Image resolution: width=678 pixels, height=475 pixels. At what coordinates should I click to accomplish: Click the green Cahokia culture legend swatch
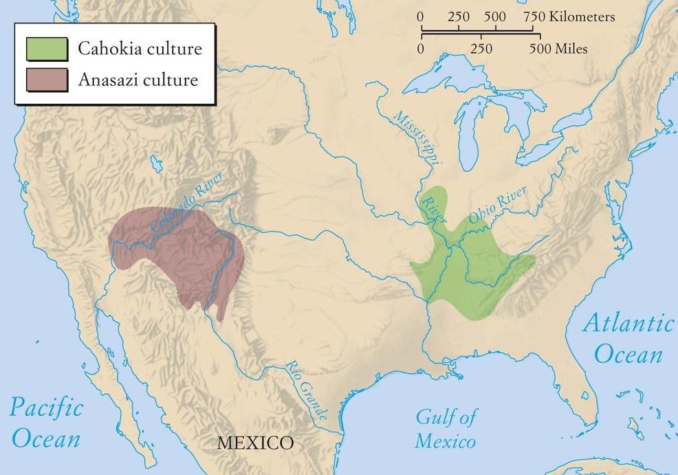tap(47, 49)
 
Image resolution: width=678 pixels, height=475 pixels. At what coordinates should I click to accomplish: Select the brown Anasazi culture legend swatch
tap(47, 80)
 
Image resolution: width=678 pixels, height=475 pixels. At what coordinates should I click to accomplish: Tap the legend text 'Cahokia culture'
tap(139, 49)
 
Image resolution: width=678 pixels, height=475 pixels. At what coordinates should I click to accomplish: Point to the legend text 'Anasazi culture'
tap(138, 80)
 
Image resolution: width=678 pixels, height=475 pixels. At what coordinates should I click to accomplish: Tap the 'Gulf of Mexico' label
tap(446, 428)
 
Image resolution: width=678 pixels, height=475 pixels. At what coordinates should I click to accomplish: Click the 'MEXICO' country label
tap(255, 442)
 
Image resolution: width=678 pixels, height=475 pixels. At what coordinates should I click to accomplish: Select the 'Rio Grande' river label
tap(307, 385)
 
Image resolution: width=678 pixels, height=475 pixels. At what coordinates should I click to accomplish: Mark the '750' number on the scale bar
tap(537, 16)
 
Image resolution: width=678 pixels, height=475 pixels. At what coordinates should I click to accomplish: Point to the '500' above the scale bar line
tap(495, 16)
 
